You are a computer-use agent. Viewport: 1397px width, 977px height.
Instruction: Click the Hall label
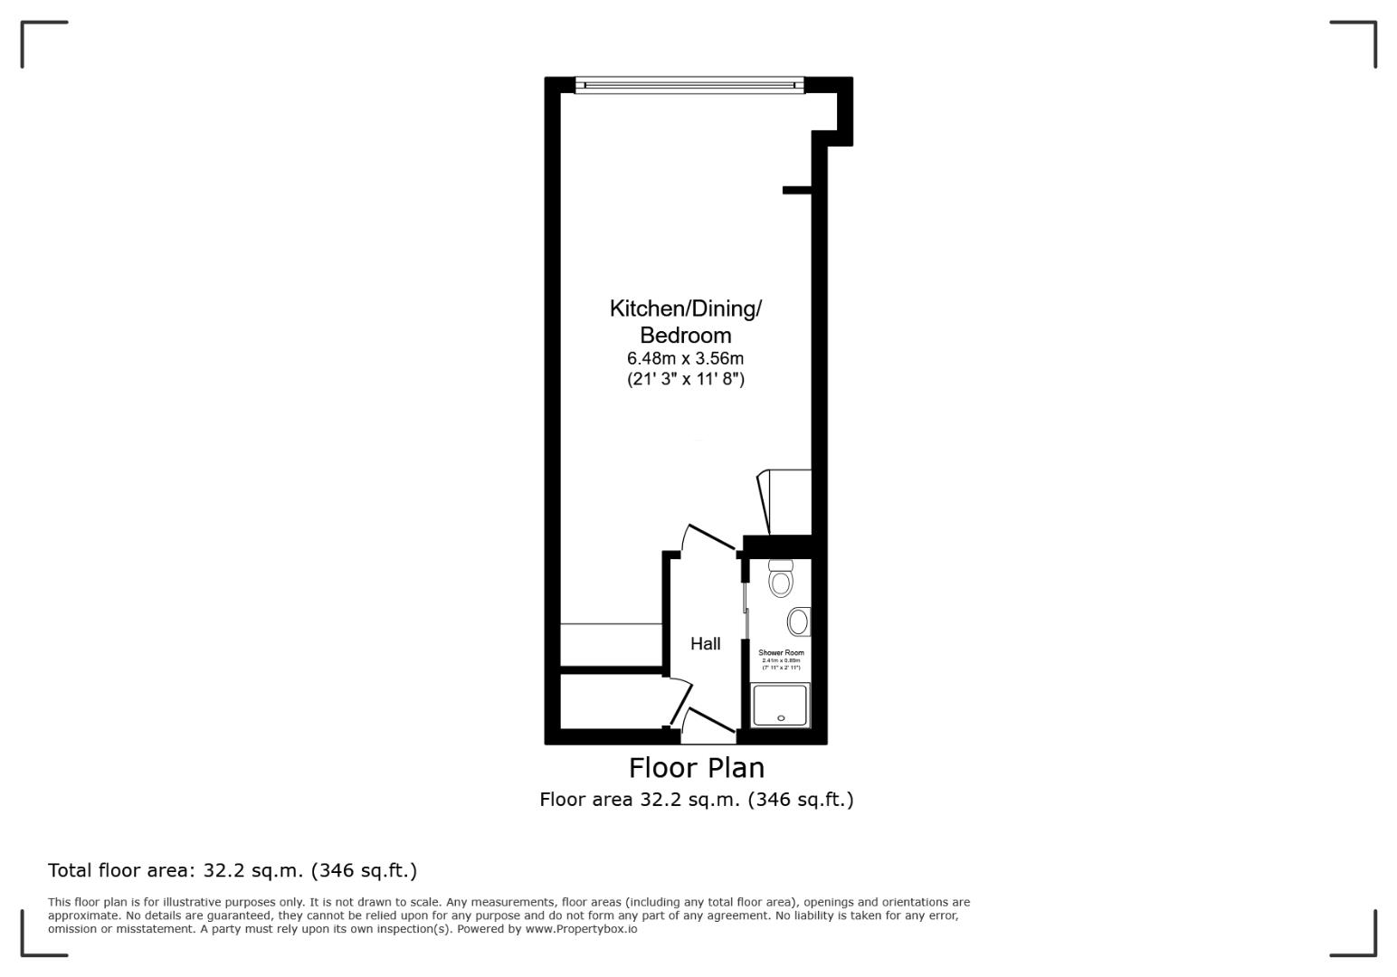[x=705, y=644]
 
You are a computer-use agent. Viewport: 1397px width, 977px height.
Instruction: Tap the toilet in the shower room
[x=780, y=579]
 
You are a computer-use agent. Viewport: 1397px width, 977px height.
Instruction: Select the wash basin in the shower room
[x=798, y=621]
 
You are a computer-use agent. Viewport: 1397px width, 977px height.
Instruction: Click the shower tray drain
[x=781, y=718]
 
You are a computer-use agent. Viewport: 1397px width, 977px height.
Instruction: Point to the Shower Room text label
[x=781, y=652]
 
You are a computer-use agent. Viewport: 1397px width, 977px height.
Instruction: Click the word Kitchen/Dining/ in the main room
[x=685, y=308]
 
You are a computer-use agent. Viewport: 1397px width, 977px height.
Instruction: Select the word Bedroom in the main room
[x=685, y=336]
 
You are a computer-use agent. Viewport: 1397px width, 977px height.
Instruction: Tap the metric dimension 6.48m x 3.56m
[x=685, y=358]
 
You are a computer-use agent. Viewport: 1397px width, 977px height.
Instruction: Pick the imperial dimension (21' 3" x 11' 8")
[x=685, y=380]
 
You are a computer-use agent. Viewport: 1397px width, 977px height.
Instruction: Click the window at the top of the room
[x=689, y=86]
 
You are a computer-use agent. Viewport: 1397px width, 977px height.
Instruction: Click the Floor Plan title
[x=696, y=768]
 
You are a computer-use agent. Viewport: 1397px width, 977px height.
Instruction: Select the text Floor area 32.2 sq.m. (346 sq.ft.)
[x=696, y=800]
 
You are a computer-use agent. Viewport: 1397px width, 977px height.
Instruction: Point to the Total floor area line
[x=233, y=870]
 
